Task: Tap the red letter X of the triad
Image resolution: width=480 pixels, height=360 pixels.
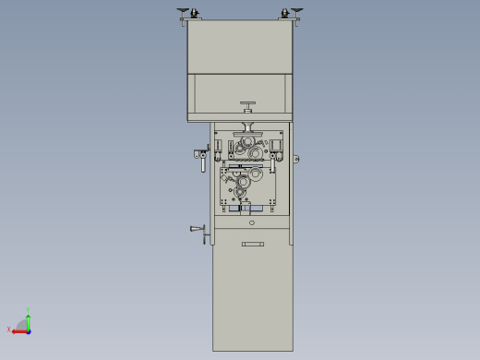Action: pyautogui.click(x=9, y=329)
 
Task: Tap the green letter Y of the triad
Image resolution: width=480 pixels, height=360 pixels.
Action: pyautogui.click(x=29, y=311)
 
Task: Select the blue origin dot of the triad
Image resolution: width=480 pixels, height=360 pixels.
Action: pyautogui.click(x=29, y=330)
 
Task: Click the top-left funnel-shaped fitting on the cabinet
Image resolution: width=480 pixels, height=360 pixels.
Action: pyautogui.click(x=183, y=11)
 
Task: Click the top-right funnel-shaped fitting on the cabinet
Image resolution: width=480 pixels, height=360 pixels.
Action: pyautogui.click(x=296, y=11)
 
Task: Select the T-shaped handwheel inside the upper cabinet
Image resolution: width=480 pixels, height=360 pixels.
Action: pyautogui.click(x=248, y=105)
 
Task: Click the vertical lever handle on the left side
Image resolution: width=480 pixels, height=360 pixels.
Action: pyautogui.click(x=202, y=162)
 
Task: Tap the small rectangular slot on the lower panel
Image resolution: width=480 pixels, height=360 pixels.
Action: pyautogui.click(x=252, y=244)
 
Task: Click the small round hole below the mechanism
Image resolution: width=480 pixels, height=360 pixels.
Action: pyautogui.click(x=251, y=222)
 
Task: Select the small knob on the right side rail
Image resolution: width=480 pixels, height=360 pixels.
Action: pyautogui.click(x=296, y=159)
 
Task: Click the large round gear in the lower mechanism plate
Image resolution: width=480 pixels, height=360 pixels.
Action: pyautogui.click(x=243, y=182)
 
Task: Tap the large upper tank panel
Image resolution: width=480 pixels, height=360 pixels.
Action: pyautogui.click(x=240, y=46)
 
